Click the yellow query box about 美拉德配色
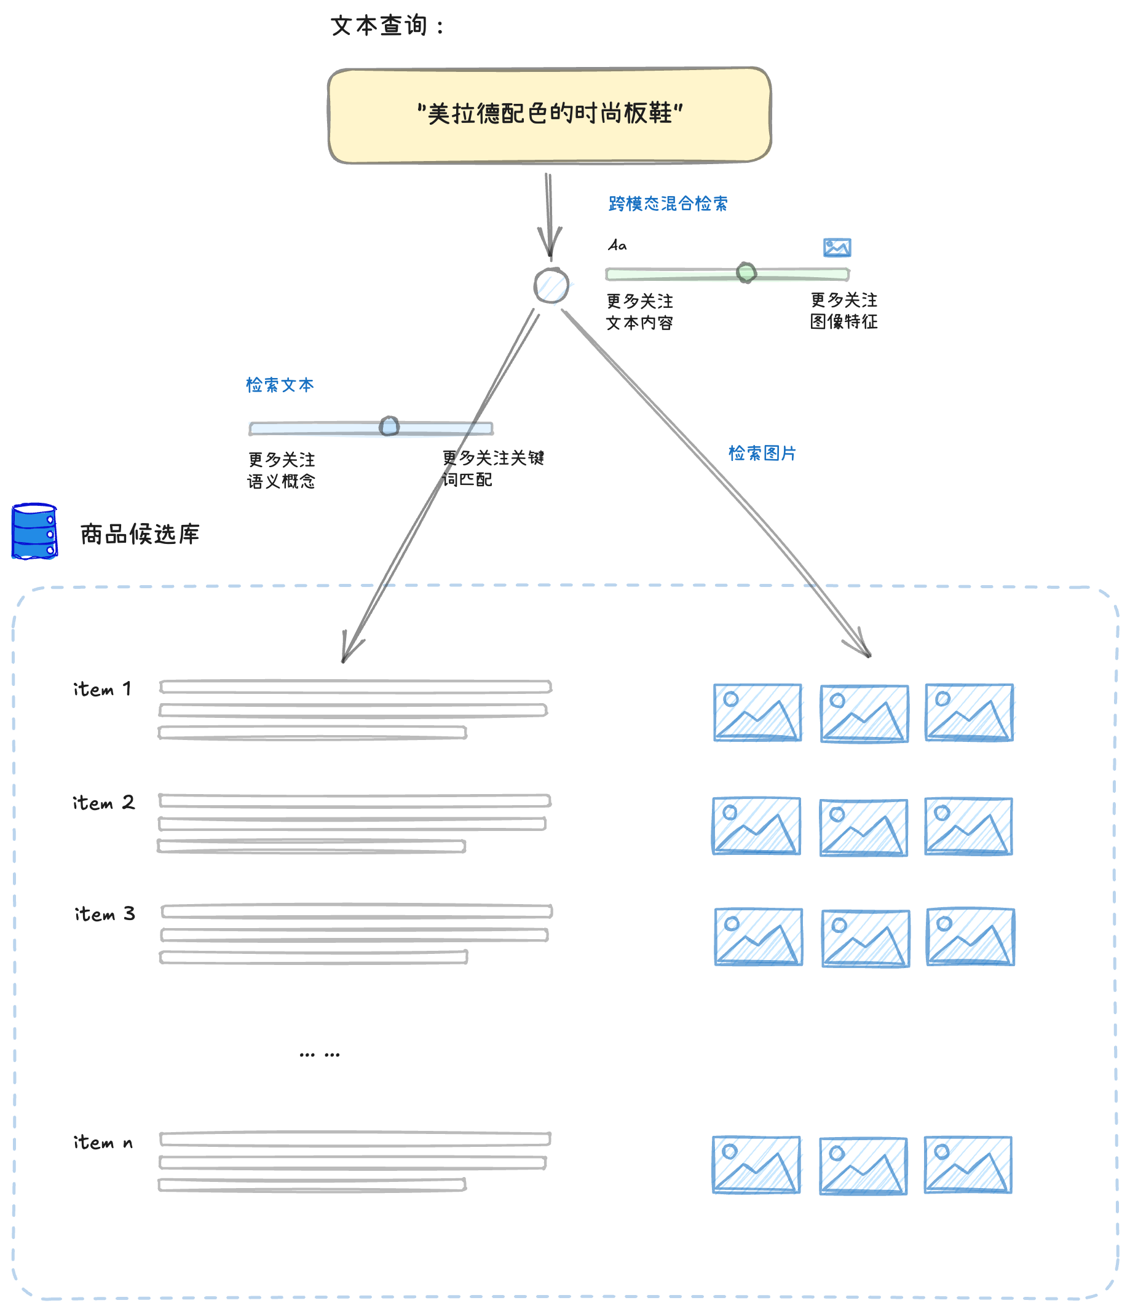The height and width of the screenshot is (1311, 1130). pos(549,115)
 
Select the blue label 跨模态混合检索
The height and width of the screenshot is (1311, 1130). pos(667,203)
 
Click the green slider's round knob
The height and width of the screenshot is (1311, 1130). pos(746,273)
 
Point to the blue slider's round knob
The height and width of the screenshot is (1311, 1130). pos(389,427)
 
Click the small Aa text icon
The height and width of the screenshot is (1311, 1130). pos(617,245)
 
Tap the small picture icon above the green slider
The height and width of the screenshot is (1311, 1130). pos(837,248)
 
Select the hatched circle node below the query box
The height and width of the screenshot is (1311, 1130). pos(551,285)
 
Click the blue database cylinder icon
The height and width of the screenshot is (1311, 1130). pos(35,532)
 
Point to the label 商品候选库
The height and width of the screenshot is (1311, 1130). pos(140,534)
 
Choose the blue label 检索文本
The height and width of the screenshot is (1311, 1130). pos(280,385)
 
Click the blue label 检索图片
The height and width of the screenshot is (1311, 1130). pos(762,453)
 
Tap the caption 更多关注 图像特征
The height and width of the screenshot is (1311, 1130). pos(844,310)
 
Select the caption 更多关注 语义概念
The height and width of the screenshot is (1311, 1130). pos(282,470)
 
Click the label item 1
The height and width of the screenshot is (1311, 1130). pos(103,689)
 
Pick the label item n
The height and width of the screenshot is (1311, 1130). pos(103,1143)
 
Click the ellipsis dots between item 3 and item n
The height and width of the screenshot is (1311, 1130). pos(320,1055)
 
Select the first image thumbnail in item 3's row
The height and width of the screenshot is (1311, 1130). pos(759,937)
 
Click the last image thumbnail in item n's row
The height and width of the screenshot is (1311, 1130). pos(968,1165)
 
